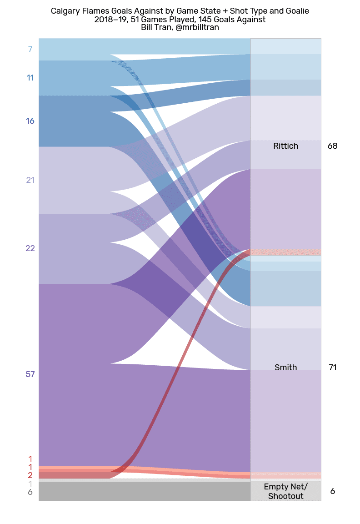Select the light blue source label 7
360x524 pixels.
(30, 49)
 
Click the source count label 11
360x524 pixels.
(30, 78)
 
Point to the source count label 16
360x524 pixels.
(30, 121)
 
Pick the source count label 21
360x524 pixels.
(30, 180)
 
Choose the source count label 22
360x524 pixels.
(30, 248)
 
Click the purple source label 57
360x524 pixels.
(30, 374)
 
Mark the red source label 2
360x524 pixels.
(30, 475)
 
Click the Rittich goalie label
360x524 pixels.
(285, 146)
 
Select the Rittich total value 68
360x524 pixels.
(332, 146)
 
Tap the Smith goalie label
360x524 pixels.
(285, 368)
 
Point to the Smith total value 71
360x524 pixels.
(332, 368)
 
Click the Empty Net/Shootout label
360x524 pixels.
(285, 492)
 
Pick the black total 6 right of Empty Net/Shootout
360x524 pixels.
(332, 492)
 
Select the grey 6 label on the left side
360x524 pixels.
(30, 492)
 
